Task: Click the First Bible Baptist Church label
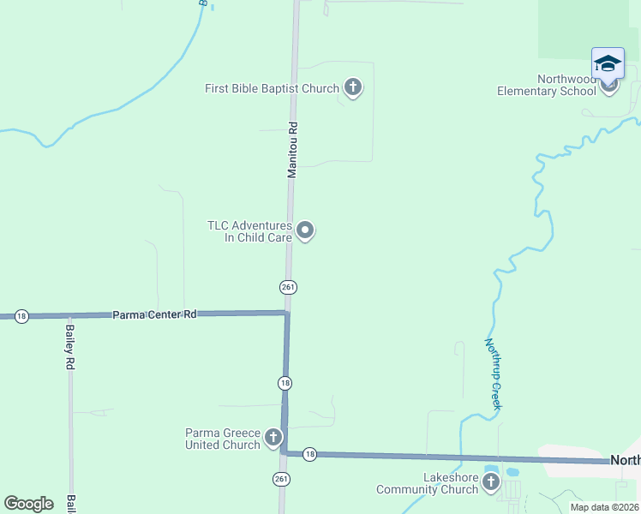pos(272,87)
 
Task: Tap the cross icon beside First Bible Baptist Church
pos(352,87)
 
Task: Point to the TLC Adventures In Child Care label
pos(249,231)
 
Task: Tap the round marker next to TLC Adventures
pos(305,230)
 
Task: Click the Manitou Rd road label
pos(292,149)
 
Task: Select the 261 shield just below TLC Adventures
pos(288,286)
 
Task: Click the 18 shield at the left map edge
pos(21,316)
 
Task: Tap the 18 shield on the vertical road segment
pos(285,382)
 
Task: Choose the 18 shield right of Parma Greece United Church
pos(310,454)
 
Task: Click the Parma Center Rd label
pos(154,315)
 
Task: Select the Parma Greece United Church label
pos(223,439)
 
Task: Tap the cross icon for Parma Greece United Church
pos(273,439)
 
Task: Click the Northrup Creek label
pos(493,374)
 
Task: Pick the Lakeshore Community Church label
pos(427,483)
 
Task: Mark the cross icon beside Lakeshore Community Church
pos(490,482)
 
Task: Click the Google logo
pos(28,503)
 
